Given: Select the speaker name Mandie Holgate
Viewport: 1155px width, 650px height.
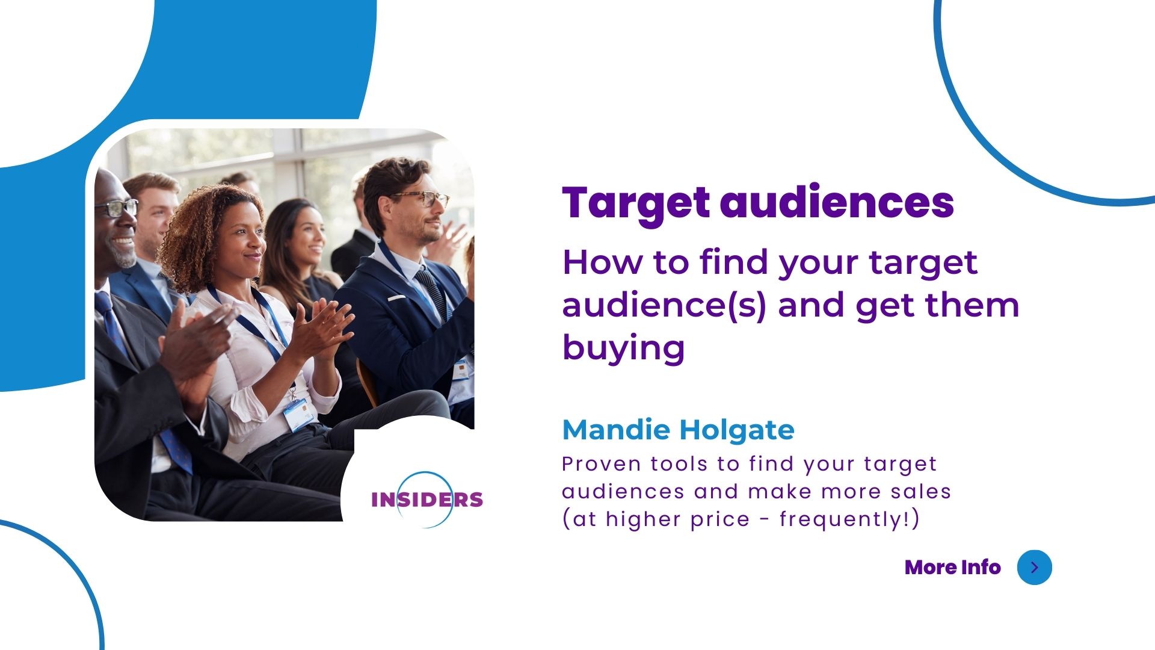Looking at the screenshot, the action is (678, 430).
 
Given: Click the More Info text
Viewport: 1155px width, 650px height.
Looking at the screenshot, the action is (953, 567).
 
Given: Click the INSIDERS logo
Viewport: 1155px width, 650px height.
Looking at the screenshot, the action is (427, 500).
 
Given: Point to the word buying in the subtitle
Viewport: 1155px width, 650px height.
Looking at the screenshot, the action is (624, 348).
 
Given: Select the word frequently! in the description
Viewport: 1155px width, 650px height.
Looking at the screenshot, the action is (845, 519).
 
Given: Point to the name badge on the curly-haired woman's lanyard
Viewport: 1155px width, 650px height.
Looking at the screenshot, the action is (299, 414).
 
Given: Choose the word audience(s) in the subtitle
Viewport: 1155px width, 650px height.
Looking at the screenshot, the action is (664, 306).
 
